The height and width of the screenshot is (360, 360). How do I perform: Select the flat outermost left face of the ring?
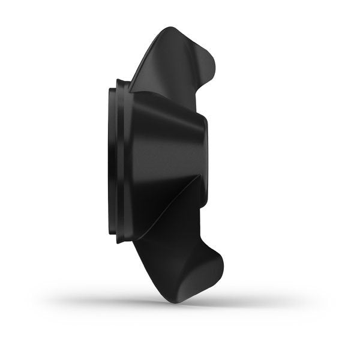coord(110,162)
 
